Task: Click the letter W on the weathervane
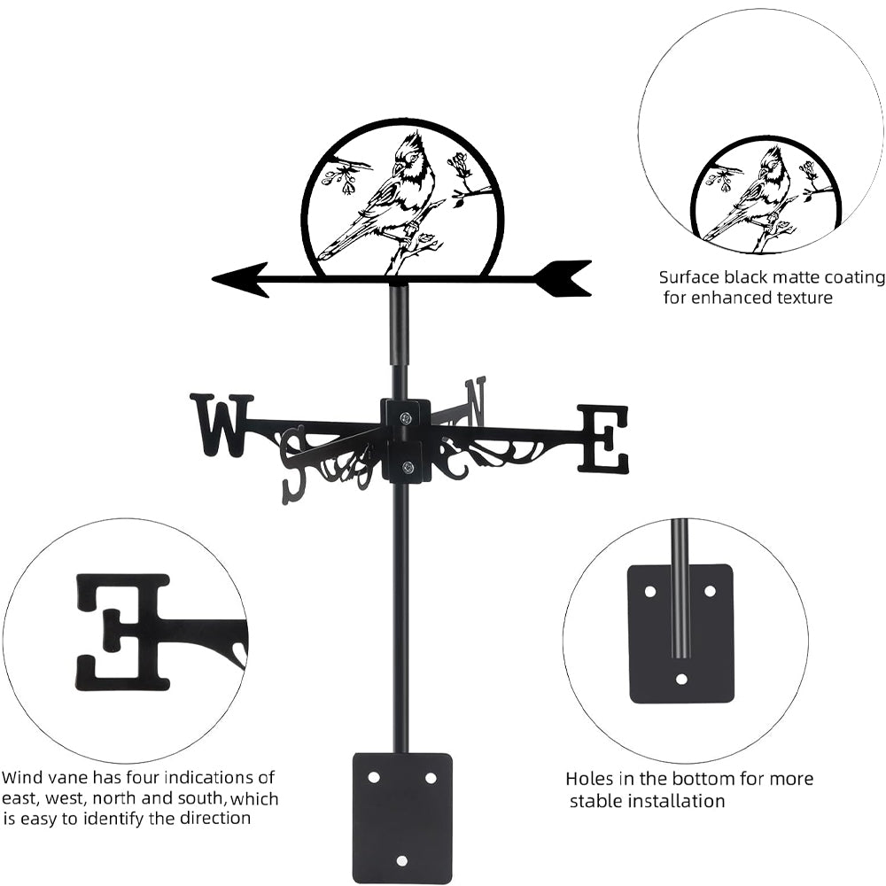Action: point(221,424)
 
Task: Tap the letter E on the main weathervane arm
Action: point(603,439)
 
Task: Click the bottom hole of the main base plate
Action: point(402,859)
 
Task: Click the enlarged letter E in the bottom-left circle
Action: point(123,631)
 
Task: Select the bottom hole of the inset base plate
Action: point(681,680)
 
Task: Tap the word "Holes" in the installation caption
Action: point(590,779)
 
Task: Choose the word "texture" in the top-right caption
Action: point(803,298)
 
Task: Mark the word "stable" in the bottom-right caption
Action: point(595,801)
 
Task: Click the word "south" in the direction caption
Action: point(206,798)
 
